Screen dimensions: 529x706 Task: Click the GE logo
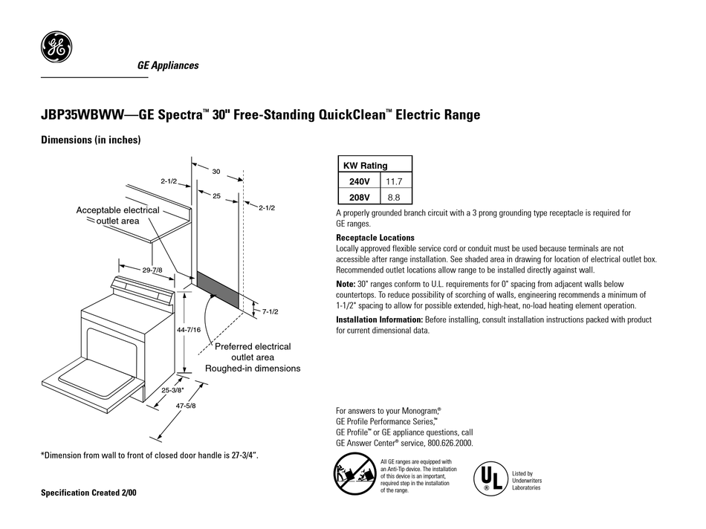point(56,50)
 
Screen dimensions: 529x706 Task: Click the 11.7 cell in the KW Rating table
point(395,181)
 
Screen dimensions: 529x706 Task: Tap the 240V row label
point(360,181)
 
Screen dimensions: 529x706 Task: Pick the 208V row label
point(360,198)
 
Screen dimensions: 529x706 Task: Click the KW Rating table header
point(365,166)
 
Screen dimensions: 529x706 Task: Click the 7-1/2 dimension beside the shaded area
point(269,313)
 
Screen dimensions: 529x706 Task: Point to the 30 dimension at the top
point(216,172)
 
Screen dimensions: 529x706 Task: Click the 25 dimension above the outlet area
point(216,195)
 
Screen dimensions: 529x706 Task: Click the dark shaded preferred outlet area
point(217,291)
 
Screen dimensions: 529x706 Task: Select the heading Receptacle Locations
point(375,238)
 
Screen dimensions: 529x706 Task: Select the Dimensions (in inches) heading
point(90,140)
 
